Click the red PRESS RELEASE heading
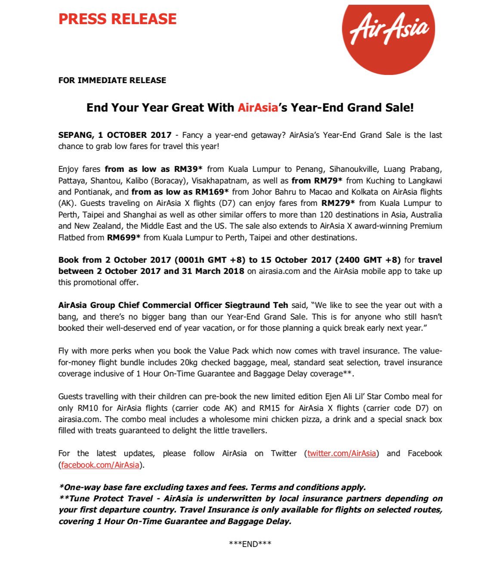[x=118, y=19]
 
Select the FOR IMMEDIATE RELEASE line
[x=112, y=80]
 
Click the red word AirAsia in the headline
[x=258, y=108]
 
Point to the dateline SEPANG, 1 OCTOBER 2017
[x=115, y=135]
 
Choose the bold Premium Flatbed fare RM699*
[x=124, y=237]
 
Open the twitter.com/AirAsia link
[x=341, y=453]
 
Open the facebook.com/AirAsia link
[x=100, y=465]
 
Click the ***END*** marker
[x=250, y=544]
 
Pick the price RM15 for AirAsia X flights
[x=269, y=408]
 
